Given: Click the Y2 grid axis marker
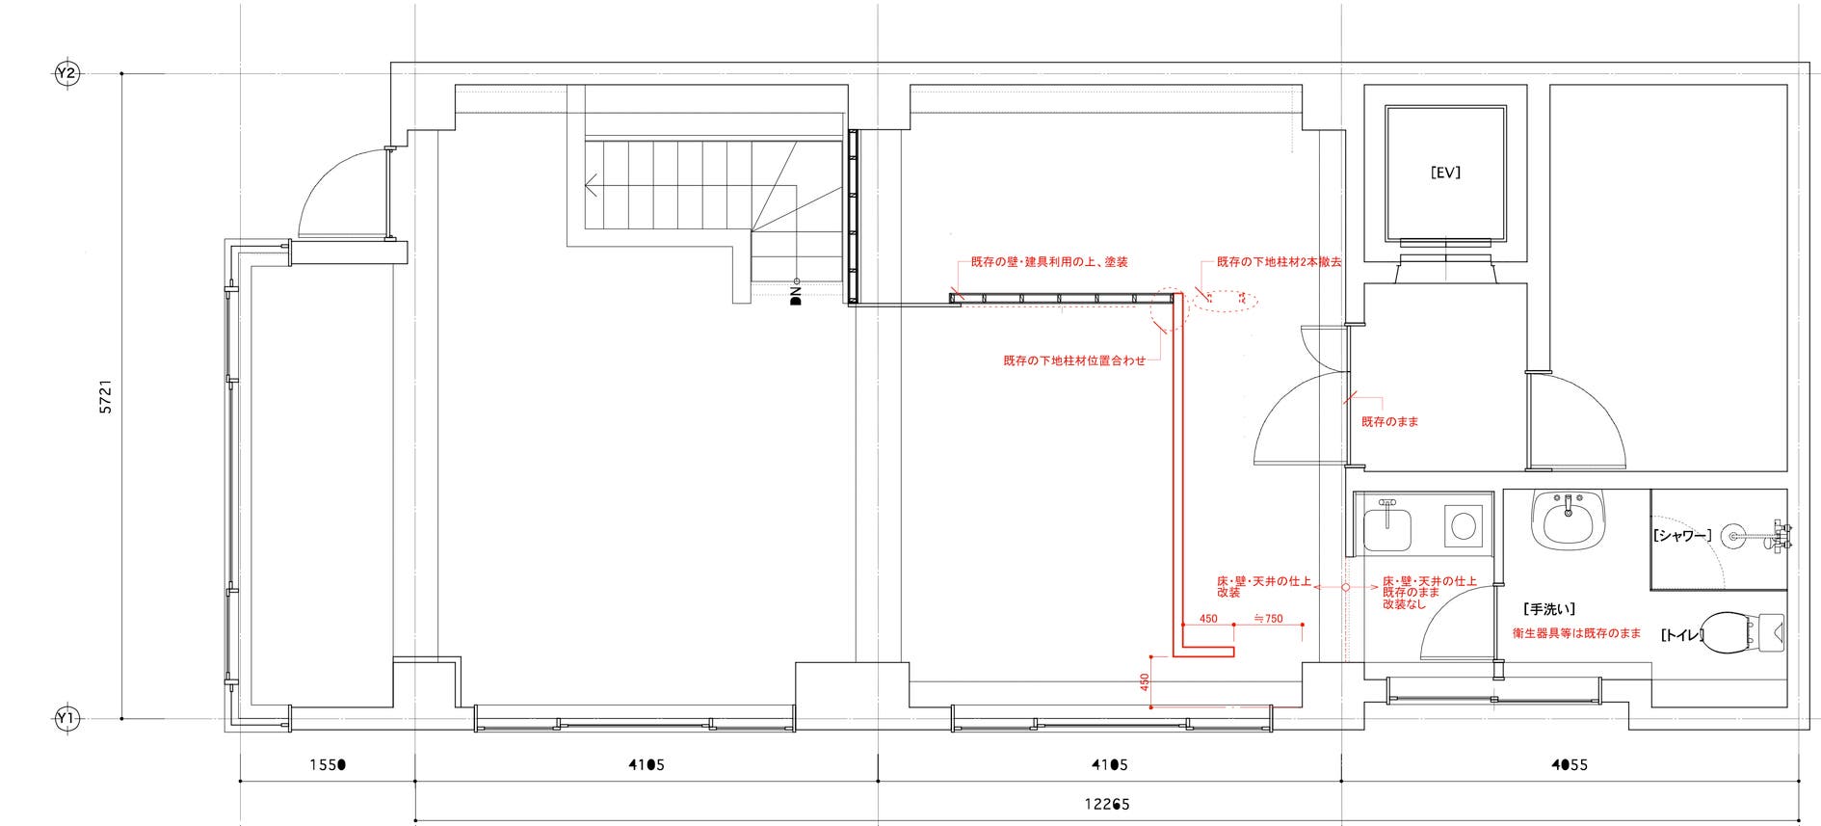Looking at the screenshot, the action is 66,73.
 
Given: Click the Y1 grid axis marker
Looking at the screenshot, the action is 66,718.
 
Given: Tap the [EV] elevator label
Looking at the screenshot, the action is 1445,173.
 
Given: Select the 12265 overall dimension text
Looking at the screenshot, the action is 1107,804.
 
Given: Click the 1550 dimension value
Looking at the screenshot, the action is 328,765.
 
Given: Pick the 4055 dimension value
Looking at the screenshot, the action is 1570,765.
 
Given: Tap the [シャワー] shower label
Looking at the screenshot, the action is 1681,536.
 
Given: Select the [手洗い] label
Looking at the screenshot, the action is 1549,609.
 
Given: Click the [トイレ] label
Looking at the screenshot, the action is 1681,635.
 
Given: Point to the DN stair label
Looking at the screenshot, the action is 796,295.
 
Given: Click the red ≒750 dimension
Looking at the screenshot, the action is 1268,619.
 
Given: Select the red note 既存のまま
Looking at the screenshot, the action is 1389,422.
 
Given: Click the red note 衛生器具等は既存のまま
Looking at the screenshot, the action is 1576,633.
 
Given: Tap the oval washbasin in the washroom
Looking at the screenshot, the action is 1570,522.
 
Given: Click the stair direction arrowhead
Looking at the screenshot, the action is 592,184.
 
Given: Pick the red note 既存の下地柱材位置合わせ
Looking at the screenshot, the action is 1074,361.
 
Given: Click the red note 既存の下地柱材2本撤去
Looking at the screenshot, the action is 1279,262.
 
